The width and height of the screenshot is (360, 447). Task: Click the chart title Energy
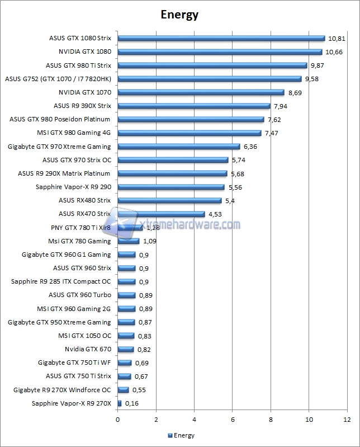click(179, 15)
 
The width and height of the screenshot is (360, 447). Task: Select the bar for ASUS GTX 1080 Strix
click(221, 38)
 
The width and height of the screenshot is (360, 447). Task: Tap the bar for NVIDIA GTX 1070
click(201, 92)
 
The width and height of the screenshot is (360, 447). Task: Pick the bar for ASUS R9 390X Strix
click(194, 106)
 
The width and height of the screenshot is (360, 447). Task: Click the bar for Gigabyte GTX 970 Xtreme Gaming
click(179, 147)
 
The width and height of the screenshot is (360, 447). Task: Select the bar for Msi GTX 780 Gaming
click(129, 241)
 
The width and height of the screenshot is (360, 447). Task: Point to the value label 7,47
click(273, 133)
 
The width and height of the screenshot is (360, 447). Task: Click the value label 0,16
click(131, 403)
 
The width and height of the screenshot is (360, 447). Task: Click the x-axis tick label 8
click(271, 419)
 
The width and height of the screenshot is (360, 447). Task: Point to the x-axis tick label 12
click(347, 419)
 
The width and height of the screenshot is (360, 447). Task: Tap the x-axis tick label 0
click(118, 419)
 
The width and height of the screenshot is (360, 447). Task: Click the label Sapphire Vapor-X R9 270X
click(72, 403)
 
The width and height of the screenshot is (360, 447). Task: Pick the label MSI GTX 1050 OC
click(85, 336)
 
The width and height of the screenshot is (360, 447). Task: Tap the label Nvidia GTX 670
click(88, 349)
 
